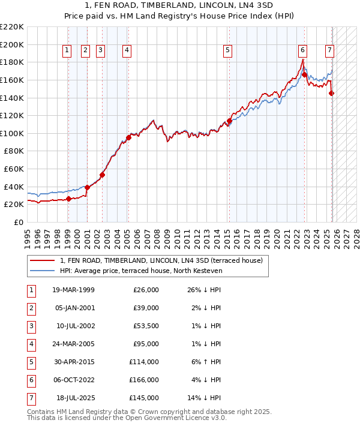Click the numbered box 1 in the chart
[x=67, y=51]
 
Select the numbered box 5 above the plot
[x=228, y=51]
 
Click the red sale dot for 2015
[x=229, y=121]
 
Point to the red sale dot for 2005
[x=128, y=137]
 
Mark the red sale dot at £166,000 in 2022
[x=304, y=74]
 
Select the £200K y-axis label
[x=12, y=44]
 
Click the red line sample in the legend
[x=42, y=261]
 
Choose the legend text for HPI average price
[x=141, y=271]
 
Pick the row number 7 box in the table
[x=31, y=398]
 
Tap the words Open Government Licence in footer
[x=161, y=418]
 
